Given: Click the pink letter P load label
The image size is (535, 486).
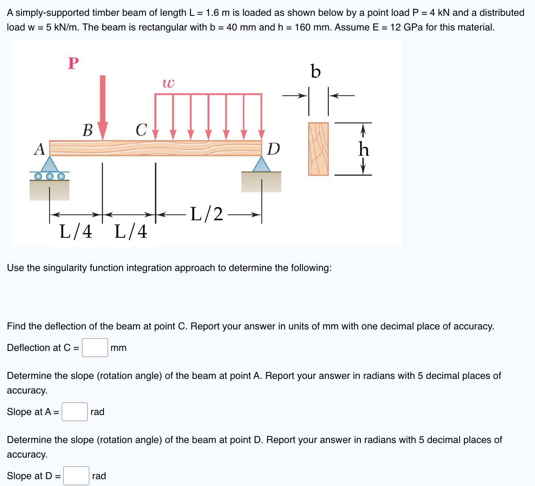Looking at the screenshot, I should pyautogui.click(x=73, y=63).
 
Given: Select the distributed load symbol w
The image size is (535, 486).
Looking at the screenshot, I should pyautogui.click(x=168, y=84).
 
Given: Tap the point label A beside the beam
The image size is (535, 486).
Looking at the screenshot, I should pyautogui.click(x=39, y=149).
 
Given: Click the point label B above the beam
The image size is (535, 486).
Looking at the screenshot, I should pyautogui.click(x=88, y=130).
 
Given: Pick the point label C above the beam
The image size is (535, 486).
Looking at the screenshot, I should pyautogui.click(x=141, y=130).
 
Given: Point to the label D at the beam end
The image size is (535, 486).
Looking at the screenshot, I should pyautogui.click(x=274, y=149).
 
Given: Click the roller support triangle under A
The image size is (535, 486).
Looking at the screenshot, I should pyautogui.click(x=50, y=165).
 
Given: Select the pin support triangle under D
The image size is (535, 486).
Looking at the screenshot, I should pyautogui.click(x=261, y=165).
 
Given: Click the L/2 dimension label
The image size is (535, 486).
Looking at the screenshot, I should pyautogui.click(x=207, y=214).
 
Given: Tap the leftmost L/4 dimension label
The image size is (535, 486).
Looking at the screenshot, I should pyautogui.click(x=76, y=232).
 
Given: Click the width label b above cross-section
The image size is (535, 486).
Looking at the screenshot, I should pyautogui.click(x=315, y=71).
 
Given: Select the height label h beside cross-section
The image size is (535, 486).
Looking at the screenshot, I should pyautogui.click(x=364, y=149).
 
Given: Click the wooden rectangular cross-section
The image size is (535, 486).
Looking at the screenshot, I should pyautogui.click(x=318, y=149).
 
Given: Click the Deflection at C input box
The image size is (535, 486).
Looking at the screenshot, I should pyautogui.click(x=95, y=348).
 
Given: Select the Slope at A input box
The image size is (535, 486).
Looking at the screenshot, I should pyautogui.click(x=75, y=412).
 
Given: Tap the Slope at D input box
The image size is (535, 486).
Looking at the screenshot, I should pyautogui.click(x=76, y=476).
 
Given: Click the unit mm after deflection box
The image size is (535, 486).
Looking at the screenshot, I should pyautogui.click(x=119, y=348).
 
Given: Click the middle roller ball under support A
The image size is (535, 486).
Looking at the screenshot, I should pyautogui.click(x=50, y=176).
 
